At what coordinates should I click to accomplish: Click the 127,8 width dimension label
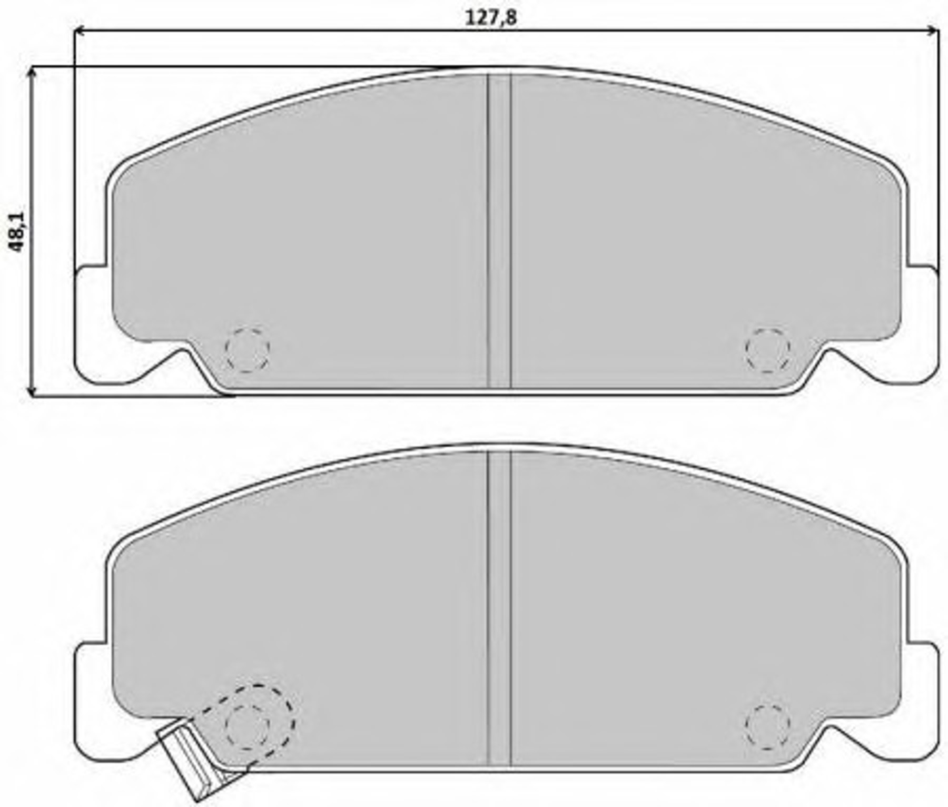click(491, 17)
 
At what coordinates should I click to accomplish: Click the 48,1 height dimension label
click(17, 232)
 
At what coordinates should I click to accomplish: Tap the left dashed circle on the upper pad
click(247, 350)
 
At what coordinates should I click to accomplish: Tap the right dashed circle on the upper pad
click(768, 350)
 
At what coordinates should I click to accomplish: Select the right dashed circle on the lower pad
click(768, 726)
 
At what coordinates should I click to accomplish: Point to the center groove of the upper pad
click(499, 231)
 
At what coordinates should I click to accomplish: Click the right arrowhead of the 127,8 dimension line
click(933, 32)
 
